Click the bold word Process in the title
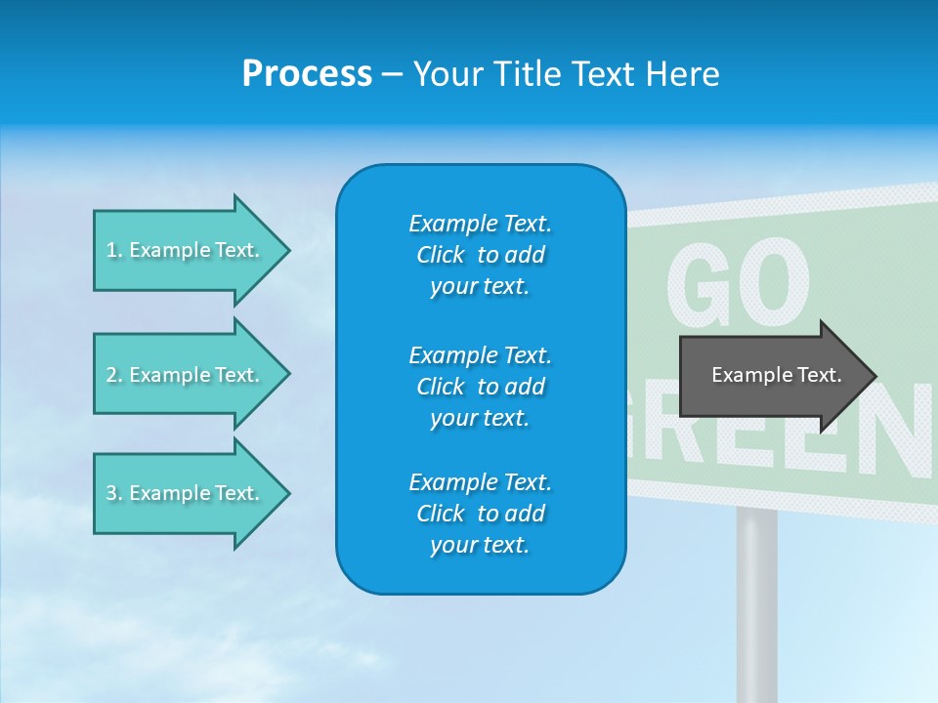[307, 74]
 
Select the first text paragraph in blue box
[480, 255]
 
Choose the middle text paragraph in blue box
[480, 386]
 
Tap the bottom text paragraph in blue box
[480, 514]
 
